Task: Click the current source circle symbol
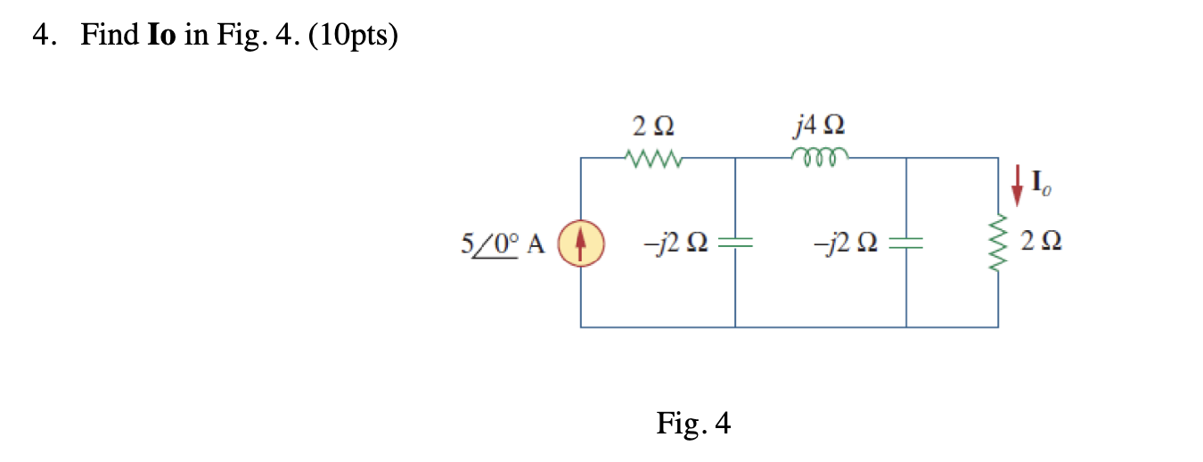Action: click(581, 242)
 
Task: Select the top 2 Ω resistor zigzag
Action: click(655, 159)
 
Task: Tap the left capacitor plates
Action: click(735, 242)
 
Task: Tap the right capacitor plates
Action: click(906, 242)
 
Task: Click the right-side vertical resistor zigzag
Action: click(998, 243)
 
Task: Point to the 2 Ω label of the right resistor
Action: click(1043, 242)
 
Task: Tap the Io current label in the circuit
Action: click(1039, 186)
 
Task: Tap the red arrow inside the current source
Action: click(581, 242)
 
